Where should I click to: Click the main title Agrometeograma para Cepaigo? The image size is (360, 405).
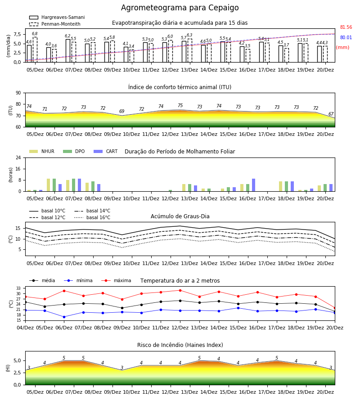pos(180,8)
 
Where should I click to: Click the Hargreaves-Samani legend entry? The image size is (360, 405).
pos(57,17)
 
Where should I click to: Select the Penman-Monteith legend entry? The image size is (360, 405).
pos(55,24)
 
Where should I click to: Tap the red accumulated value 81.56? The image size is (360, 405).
pos(346,27)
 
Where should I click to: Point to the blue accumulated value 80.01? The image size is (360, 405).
pos(346,37)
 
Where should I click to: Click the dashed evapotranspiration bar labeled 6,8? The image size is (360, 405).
pos(35,49)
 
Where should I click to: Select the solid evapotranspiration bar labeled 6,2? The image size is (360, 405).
pos(68,51)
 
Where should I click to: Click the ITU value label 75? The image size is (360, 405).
pos(180,105)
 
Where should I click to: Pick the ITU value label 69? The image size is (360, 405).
pos(122,111)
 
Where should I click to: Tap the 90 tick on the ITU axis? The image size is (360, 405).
pos(18,93)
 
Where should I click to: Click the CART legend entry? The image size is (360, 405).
pos(106,151)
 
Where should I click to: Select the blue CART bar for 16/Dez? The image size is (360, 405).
pos(254,185)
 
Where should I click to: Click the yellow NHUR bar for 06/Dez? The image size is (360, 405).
pos(48,185)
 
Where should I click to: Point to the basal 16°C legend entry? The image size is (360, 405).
pos(92,217)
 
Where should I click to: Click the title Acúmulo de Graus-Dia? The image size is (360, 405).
pos(180,216)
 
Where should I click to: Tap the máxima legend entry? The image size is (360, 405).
pos(116,280)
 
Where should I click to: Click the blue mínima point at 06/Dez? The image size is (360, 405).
pos(64,317)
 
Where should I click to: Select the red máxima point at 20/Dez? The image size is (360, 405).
pos(335,308)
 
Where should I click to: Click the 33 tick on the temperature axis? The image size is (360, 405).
pos(18,288)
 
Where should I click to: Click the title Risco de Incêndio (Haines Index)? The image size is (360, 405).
pos(180,345)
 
